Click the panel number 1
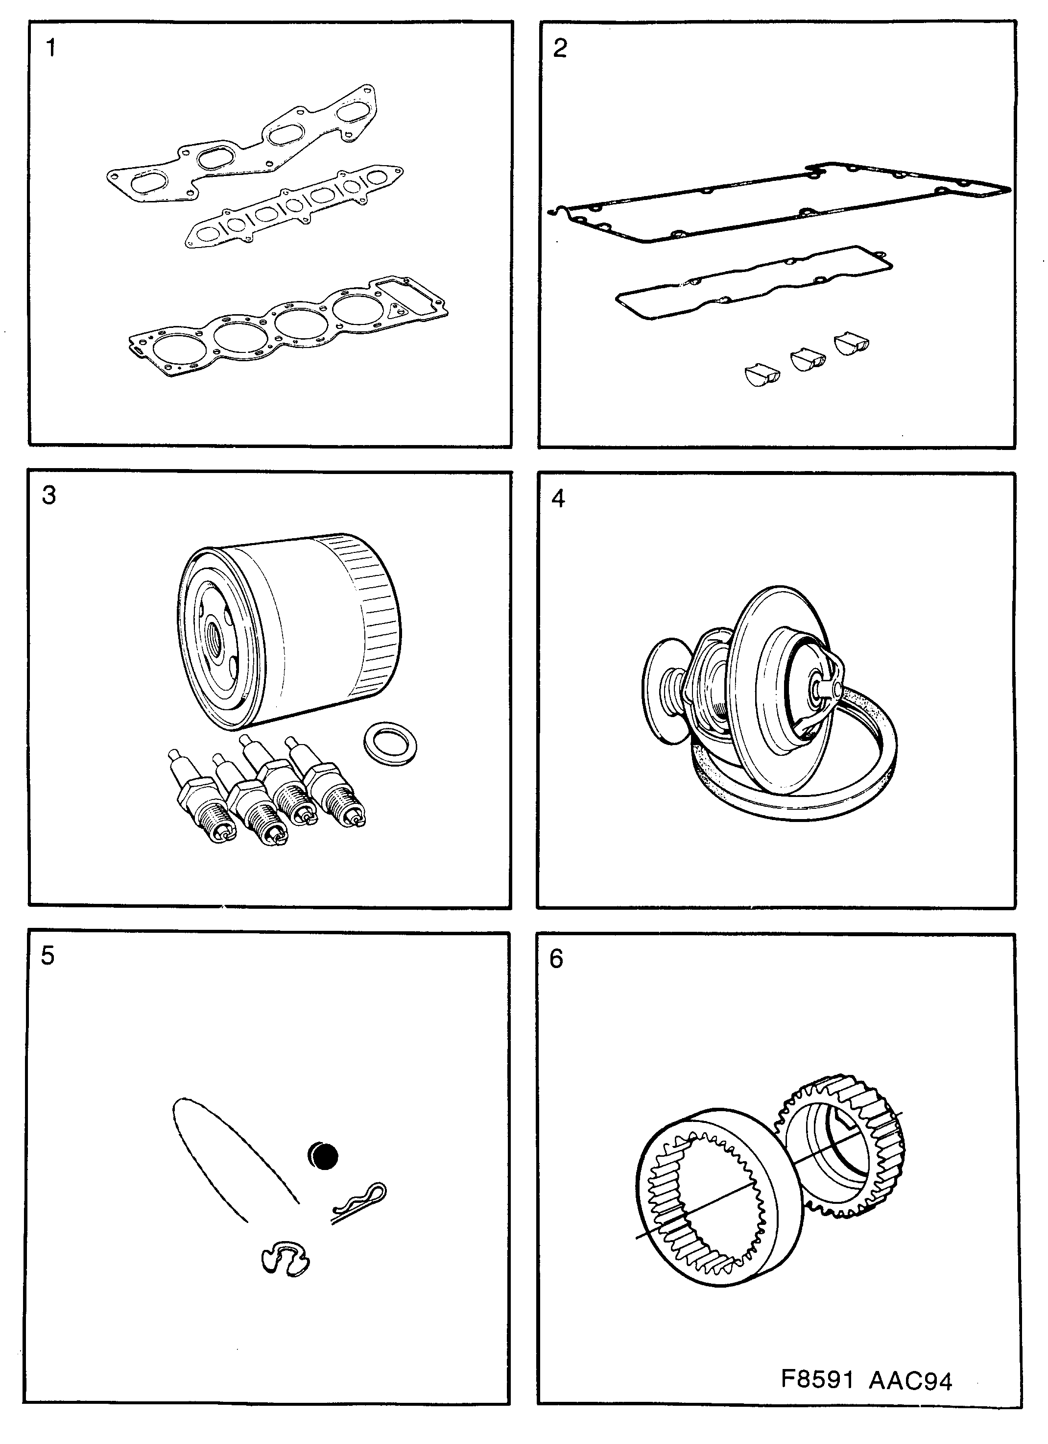pos(51,48)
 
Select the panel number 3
pos(49,495)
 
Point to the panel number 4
pos(558,498)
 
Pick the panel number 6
pos(556,959)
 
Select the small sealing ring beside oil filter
pos(390,743)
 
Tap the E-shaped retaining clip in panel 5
pos(285,1258)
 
